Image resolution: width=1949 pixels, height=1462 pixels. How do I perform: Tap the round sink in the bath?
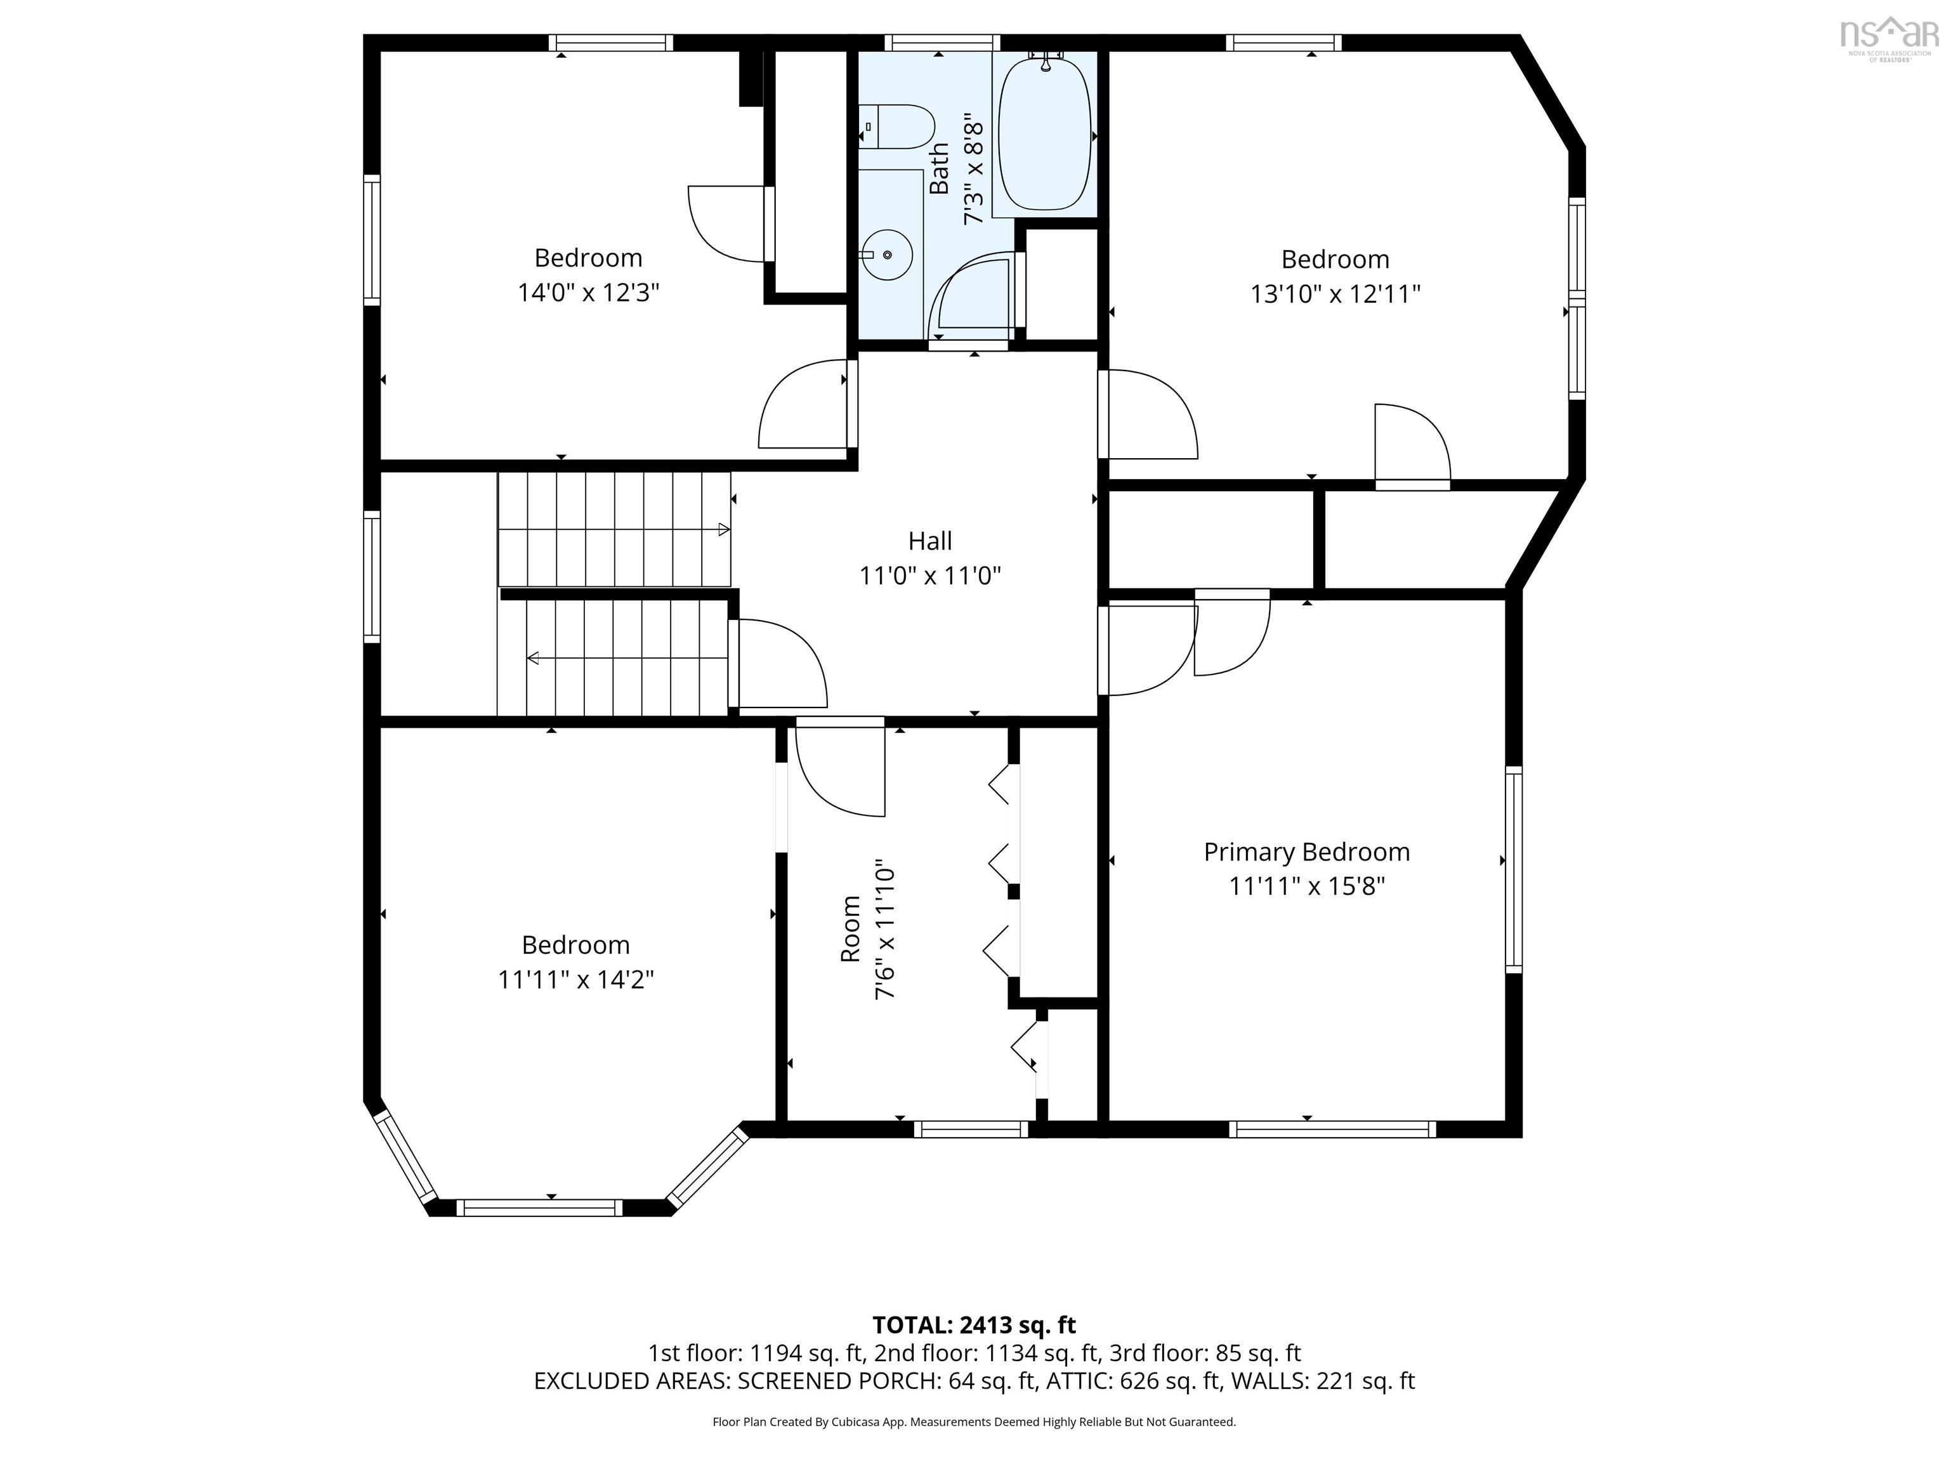(886, 254)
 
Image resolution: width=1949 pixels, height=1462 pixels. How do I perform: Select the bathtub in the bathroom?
(1045, 134)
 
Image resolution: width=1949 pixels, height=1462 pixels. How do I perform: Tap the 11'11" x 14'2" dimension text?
(575, 979)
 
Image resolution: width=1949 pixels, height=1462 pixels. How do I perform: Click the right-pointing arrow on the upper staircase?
(723, 530)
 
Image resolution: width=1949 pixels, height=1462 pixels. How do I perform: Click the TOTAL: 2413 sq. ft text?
(974, 1324)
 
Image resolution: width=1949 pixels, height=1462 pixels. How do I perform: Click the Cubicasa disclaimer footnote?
(974, 1421)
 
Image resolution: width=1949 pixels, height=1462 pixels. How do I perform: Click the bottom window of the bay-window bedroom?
(539, 1208)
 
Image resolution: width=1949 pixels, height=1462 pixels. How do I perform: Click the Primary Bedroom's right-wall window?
(1513, 869)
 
